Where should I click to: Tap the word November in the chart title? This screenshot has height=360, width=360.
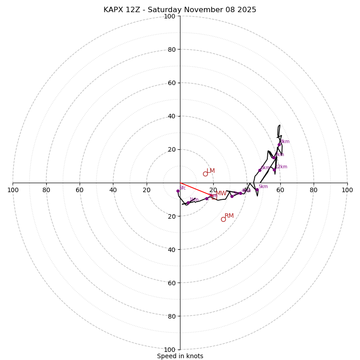point(200,10)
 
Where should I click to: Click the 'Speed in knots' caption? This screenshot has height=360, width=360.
point(180,356)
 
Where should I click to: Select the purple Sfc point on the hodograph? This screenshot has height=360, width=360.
point(178,191)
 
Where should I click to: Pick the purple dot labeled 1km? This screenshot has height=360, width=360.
point(188,203)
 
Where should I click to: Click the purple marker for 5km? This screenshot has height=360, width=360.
point(257,190)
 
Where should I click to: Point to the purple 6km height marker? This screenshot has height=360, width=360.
point(260,170)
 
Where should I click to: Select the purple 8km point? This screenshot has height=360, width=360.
point(279,145)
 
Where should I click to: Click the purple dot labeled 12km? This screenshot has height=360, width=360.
point(274,170)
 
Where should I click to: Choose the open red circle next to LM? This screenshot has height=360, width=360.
point(205,174)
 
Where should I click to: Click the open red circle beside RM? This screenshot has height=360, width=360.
point(223,219)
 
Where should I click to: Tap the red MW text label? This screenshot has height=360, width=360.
point(221,193)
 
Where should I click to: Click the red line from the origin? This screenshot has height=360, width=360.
point(196,189)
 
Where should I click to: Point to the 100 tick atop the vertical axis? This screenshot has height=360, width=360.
point(170,16)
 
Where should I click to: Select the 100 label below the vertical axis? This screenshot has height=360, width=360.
point(170,350)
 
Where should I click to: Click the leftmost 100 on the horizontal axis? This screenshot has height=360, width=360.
point(13,190)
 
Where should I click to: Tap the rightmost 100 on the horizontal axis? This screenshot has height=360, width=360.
point(347,190)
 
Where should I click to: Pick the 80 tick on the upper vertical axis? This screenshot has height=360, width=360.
point(171,49)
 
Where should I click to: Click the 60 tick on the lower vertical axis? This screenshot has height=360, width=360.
point(171,283)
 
